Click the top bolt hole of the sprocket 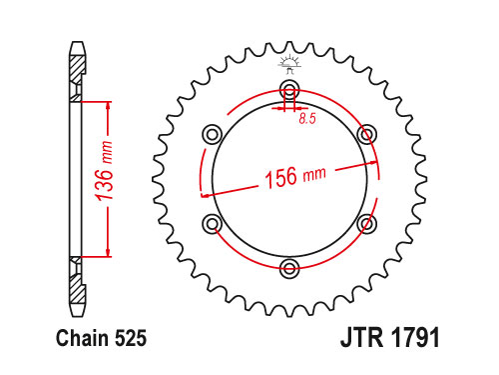[289, 89]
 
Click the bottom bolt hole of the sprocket [289, 268]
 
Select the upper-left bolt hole [213, 135]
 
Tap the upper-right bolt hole [367, 135]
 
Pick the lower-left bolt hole [213, 224]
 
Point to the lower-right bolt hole [367, 224]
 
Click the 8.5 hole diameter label [307, 119]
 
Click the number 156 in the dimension [280, 177]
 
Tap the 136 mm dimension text [105, 171]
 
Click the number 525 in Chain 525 [131, 338]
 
